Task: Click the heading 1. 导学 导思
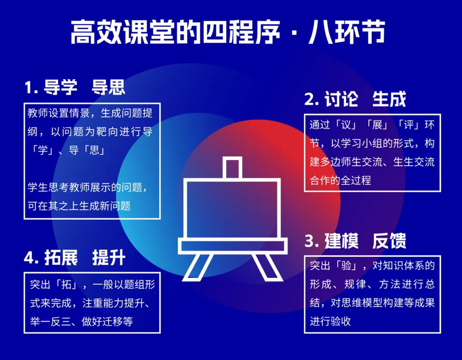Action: click(75, 87)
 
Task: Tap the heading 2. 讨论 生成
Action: click(355, 99)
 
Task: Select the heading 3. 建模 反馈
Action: click(355, 241)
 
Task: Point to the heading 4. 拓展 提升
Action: click(75, 258)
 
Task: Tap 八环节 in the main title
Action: click(347, 32)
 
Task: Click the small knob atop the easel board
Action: click(233, 168)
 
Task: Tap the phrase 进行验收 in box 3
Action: click(330, 321)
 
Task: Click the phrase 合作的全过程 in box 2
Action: click(340, 180)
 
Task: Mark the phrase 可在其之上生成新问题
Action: click(79, 206)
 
